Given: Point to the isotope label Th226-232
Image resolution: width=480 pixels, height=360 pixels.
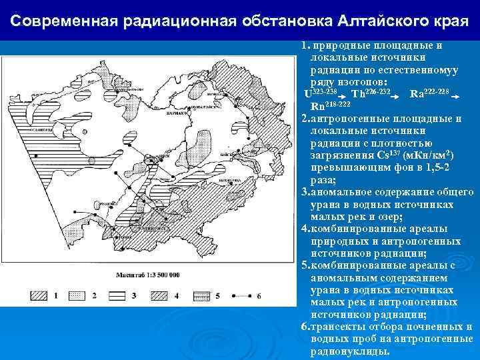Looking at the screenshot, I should (x=372, y=93).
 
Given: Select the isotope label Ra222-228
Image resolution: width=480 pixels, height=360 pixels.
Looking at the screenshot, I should (x=430, y=92).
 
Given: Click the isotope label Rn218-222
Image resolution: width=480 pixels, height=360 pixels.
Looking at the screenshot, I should (x=331, y=106).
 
